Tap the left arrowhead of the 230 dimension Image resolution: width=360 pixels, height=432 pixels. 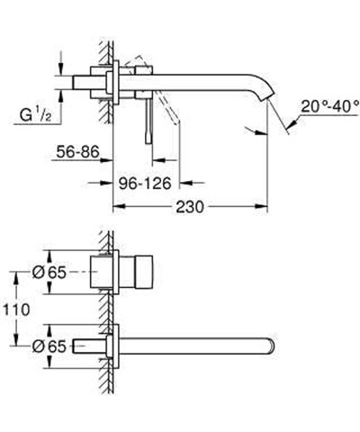pos(115,206)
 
